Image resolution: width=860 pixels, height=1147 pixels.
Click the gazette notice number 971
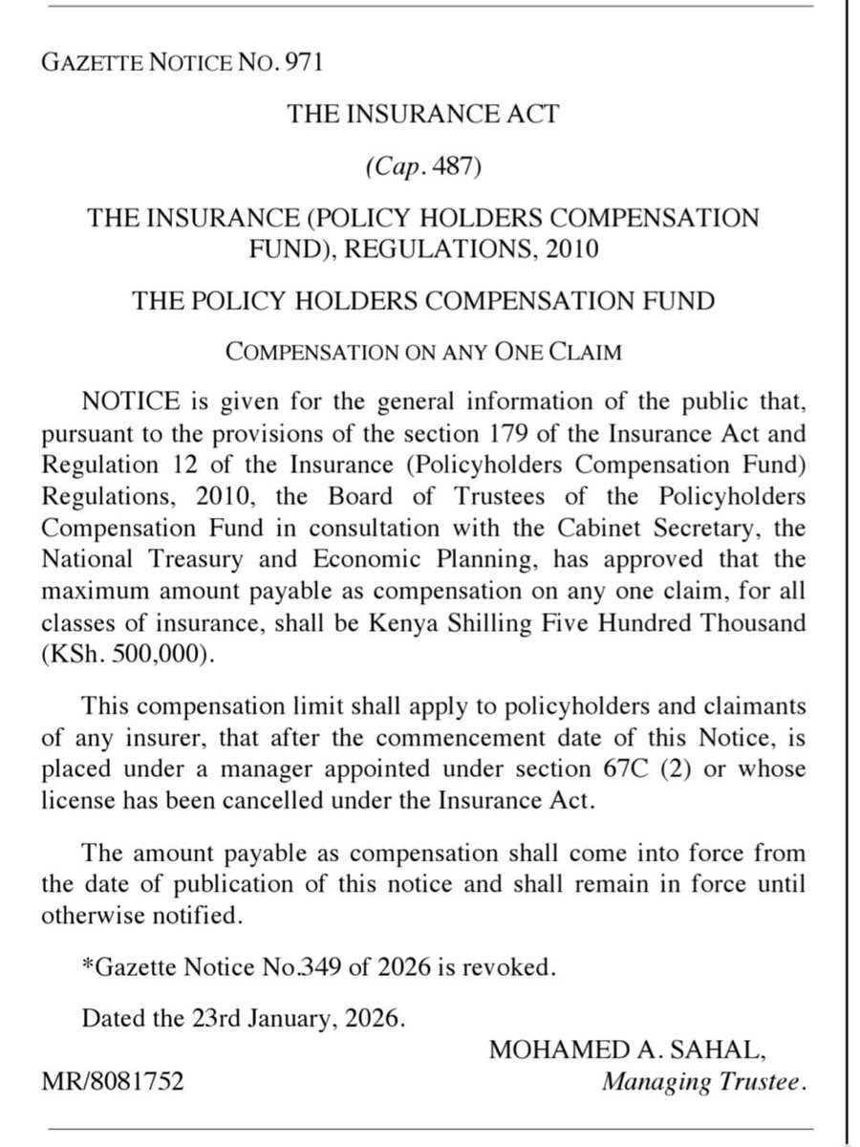[306, 65]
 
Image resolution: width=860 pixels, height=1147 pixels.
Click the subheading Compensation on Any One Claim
[423, 352]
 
